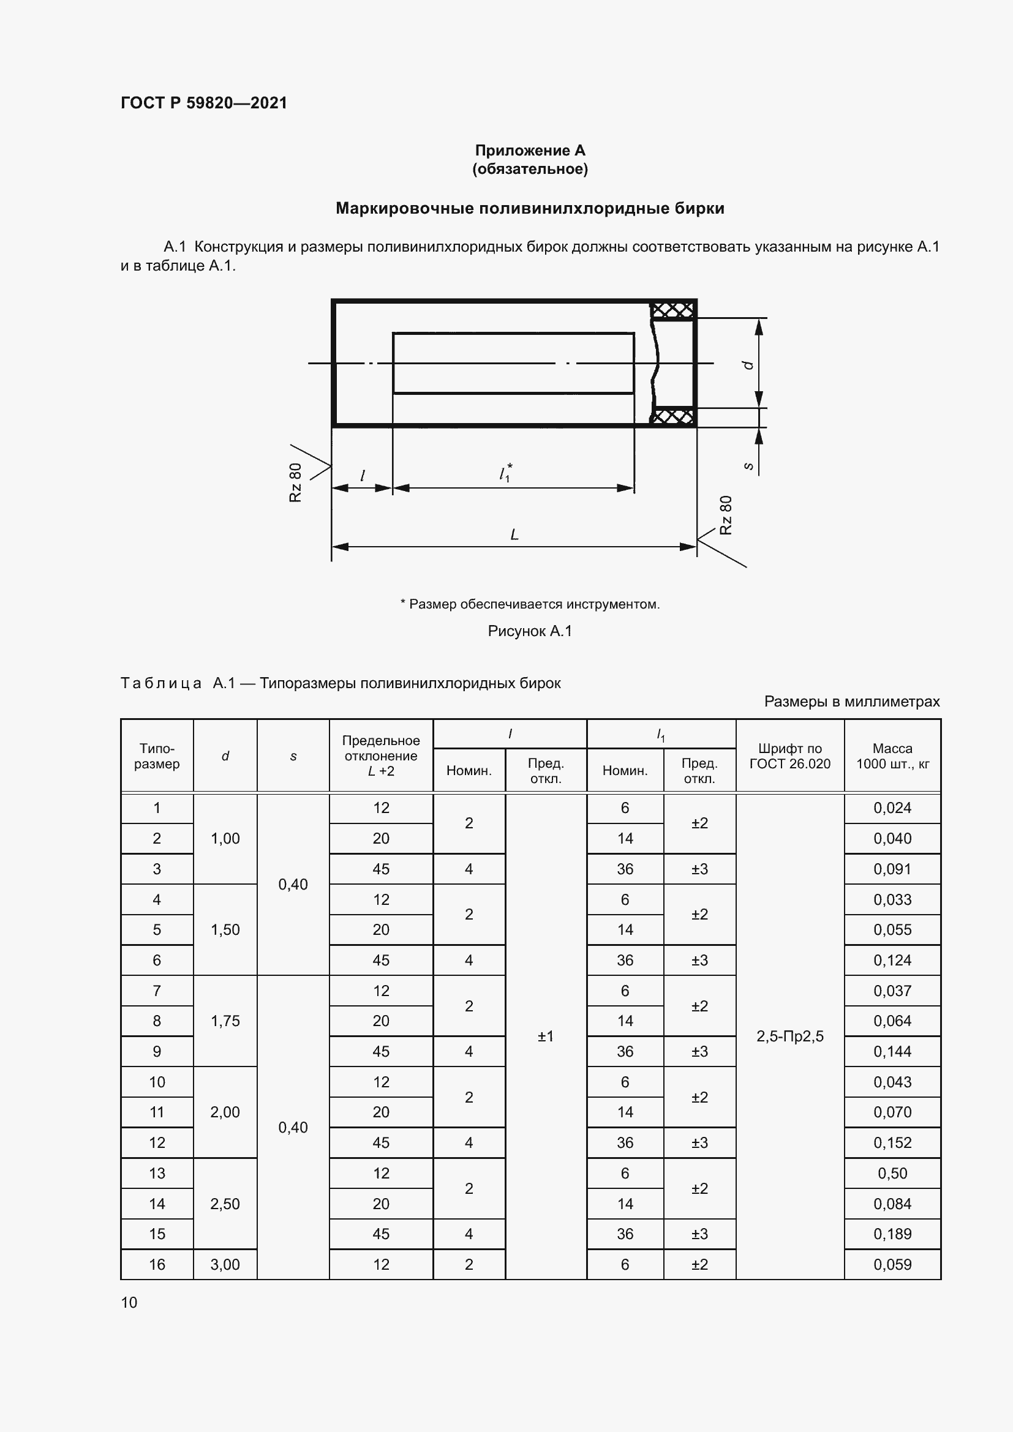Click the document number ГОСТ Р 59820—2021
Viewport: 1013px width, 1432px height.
(203, 103)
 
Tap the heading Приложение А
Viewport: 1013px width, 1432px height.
(530, 151)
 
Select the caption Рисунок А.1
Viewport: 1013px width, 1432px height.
(530, 631)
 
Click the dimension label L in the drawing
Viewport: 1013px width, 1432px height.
(514, 534)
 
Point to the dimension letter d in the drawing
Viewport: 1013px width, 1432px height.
(748, 365)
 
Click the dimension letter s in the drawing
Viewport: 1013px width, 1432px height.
(749, 466)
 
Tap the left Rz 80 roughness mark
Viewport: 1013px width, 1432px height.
(296, 482)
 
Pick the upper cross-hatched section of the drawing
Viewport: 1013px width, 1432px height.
(672, 310)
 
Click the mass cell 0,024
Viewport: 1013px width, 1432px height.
(892, 808)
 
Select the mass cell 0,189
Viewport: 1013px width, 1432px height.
(892, 1234)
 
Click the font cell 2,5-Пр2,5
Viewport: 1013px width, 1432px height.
(789, 1036)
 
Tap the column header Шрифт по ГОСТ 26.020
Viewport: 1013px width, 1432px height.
(789, 756)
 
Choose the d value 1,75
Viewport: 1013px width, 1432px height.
(225, 1021)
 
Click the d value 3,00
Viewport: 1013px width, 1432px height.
(225, 1264)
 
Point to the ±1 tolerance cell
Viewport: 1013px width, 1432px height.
(546, 1036)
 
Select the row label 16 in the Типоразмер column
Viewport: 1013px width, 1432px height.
(157, 1264)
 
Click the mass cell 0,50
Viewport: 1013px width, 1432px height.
(892, 1173)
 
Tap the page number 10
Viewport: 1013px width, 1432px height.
(129, 1302)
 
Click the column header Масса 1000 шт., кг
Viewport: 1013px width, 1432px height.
(892, 756)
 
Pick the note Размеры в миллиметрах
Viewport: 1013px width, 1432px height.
(851, 702)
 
